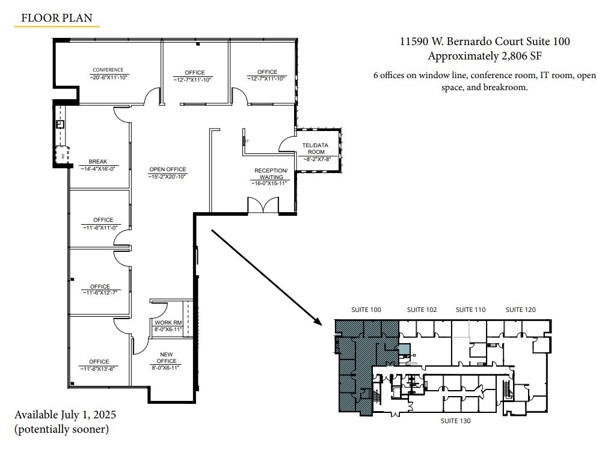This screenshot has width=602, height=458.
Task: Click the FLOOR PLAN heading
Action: (57, 17)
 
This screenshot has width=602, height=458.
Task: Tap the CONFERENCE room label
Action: (108, 70)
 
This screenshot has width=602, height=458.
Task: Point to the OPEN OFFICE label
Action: (168, 169)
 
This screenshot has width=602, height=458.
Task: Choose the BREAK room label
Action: (97, 162)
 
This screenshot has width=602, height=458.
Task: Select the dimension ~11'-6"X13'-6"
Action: (99, 368)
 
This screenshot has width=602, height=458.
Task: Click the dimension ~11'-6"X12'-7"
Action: (100, 293)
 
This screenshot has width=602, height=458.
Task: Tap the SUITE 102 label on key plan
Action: (422, 310)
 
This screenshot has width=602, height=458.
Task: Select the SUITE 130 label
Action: (455, 421)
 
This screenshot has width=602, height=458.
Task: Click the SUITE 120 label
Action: (520, 310)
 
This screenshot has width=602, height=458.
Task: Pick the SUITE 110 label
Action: (470, 310)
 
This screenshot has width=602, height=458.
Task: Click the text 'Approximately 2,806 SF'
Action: (485, 56)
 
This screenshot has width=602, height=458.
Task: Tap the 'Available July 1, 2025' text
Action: (65, 415)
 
